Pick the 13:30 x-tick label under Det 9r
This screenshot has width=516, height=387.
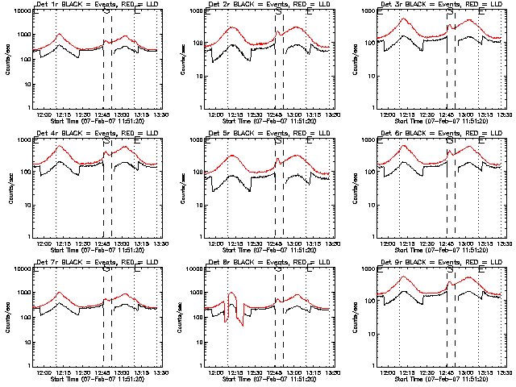(x=506, y=372)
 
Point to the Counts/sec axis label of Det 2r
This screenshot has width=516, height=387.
(x=180, y=60)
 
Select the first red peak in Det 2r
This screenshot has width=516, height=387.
(x=232, y=28)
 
